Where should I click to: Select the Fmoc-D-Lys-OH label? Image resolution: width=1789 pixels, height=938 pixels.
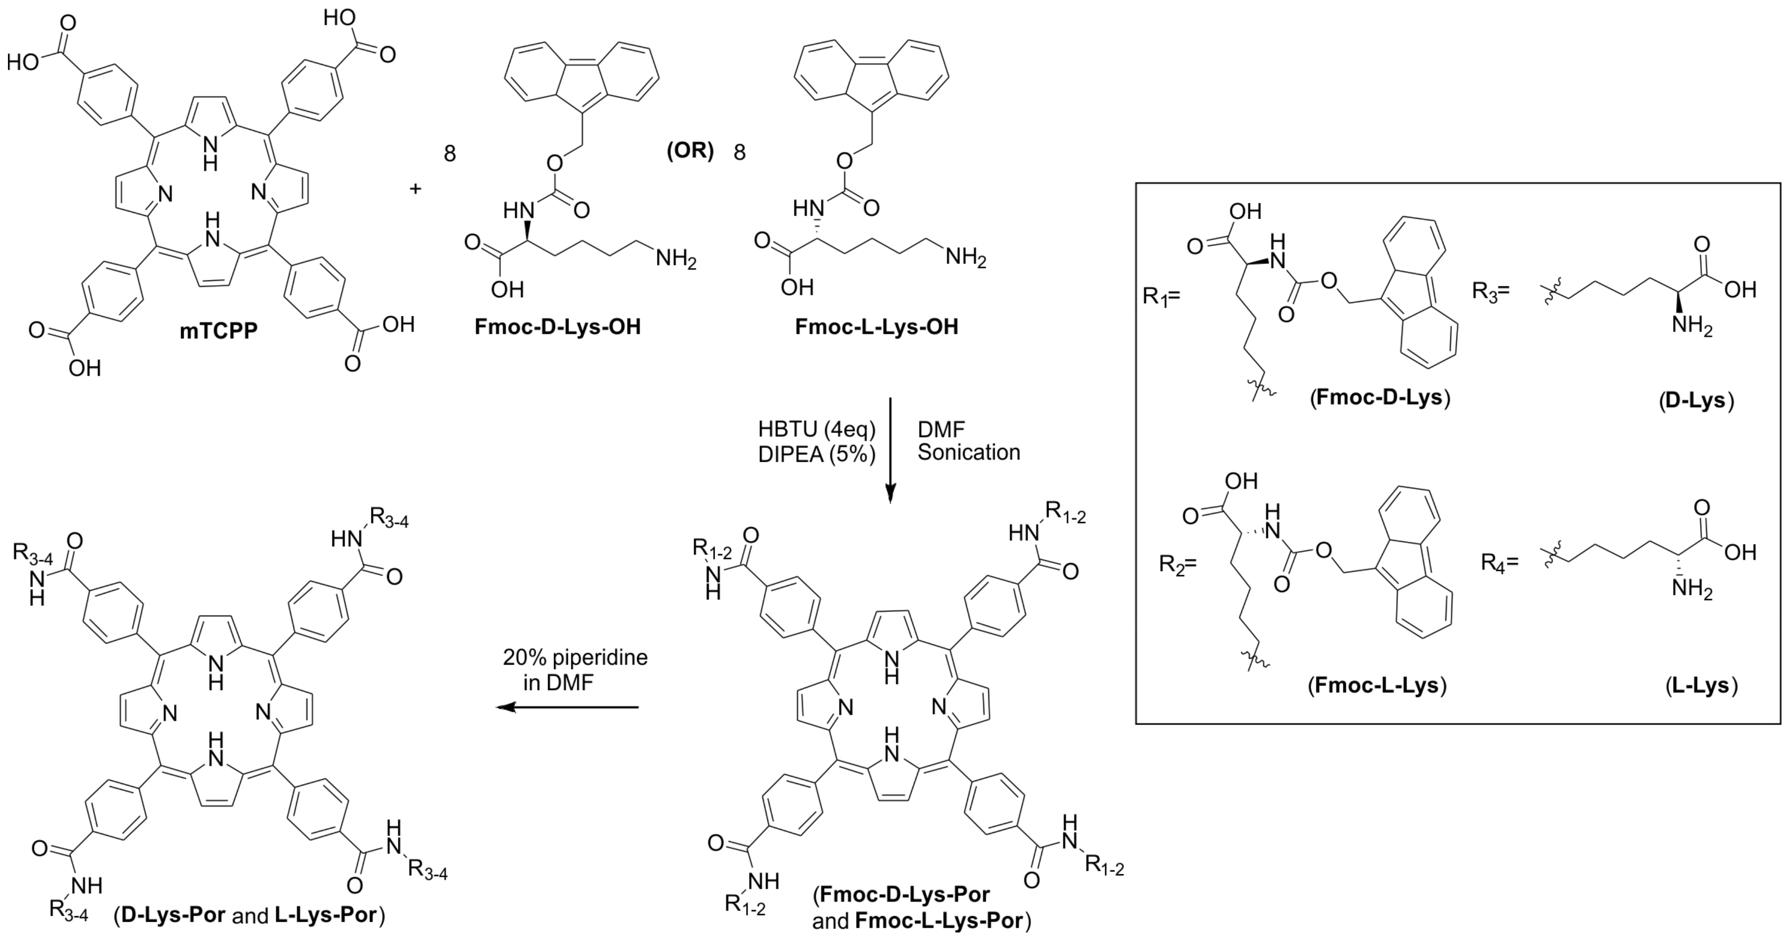558,327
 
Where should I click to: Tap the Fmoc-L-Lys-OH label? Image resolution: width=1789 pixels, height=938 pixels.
876,327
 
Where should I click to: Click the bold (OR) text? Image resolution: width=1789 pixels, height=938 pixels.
690,151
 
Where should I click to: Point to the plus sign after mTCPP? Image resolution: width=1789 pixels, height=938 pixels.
415,188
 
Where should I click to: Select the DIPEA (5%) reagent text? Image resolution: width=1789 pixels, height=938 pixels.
817,454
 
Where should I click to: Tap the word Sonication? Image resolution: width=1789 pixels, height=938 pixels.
969,453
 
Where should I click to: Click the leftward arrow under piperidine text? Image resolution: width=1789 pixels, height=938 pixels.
566,707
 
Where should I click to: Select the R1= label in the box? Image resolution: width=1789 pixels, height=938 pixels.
1161,296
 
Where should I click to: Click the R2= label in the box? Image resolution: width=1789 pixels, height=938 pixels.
1178,564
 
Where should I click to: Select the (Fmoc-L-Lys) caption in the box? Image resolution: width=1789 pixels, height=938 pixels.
1377,686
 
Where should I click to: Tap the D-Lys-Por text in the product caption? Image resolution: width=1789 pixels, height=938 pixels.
174,915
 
